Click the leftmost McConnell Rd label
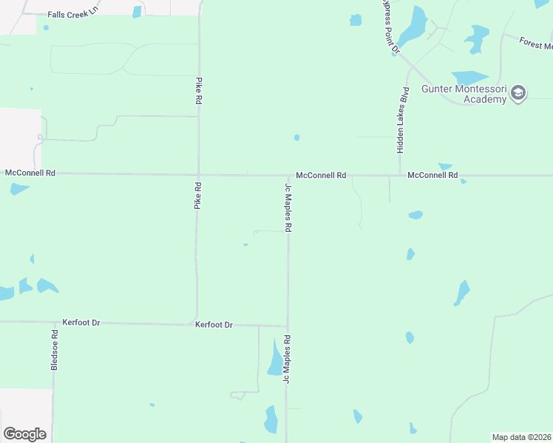[x=30, y=173]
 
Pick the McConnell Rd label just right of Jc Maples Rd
[x=321, y=176]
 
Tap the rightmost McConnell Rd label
[x=432, y=176]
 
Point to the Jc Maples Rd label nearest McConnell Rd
[x=288, y=208]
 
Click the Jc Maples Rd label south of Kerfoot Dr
[x=288, y=360]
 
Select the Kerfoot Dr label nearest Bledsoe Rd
[x=81, y=323]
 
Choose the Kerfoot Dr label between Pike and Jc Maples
[x=214, y=324]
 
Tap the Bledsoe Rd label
[x=54, y=350]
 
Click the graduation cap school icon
[x=518, y=93]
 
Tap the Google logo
[x=24, y=434]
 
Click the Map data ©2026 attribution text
[x=521, y=437]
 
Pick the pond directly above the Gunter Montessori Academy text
[x=469, y=77]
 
